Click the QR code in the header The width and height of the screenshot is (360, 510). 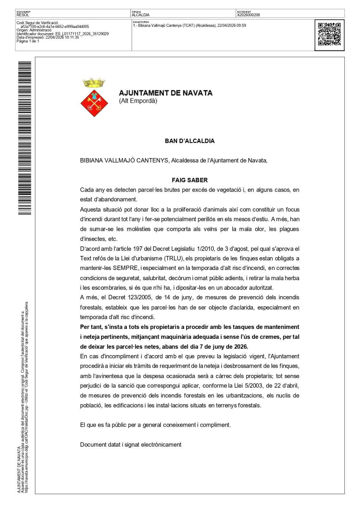click(329, 34)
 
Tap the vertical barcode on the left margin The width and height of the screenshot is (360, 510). click(25, 138)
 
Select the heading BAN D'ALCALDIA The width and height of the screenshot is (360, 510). click(190, 141)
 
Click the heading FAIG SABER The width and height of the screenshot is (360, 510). click(190, 180)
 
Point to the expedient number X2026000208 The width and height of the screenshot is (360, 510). click(248, 15)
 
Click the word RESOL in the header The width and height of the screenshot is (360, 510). click(23, 15)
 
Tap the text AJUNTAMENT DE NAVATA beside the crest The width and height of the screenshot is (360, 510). click(165, 93)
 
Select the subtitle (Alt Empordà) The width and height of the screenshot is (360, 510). click(138, 101)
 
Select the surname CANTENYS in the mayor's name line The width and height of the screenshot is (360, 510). click(153, 160)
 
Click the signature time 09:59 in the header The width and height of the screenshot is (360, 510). click(241, 25)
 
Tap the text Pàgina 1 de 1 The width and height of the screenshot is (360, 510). click(28, 41)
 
